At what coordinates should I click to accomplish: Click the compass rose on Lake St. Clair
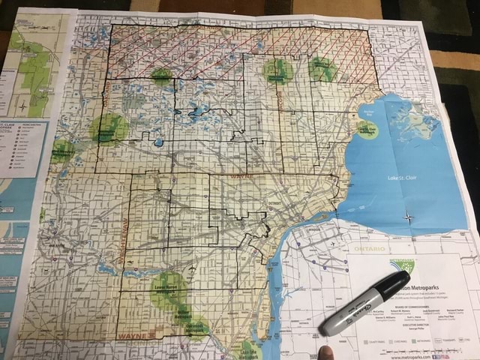pos(409,218)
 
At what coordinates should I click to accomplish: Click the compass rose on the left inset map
pos(24,105)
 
